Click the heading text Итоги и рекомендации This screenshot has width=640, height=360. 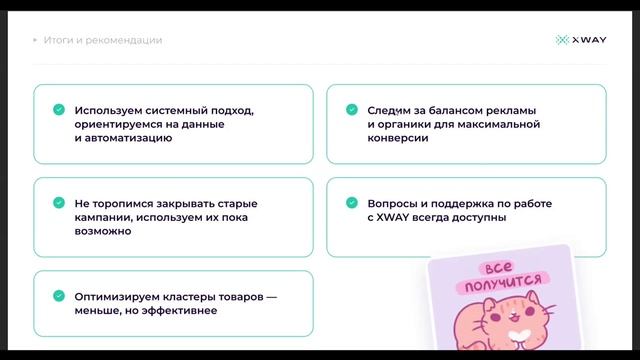[x=103, y=40]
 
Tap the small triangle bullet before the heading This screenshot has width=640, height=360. [x=35, y=40]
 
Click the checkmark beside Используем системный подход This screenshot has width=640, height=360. [x=59, y=109]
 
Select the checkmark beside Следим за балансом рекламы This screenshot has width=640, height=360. [x=352, y=109]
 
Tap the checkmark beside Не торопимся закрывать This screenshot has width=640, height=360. [x=59, y=202]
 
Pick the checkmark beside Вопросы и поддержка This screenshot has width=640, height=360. [x=352, y=202]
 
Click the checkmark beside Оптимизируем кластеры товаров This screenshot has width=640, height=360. [x=59, y=295]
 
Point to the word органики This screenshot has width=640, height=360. [x=404, y=124]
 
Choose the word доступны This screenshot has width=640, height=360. [x=480, y=217]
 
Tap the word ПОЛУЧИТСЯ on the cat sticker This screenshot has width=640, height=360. [x=498, y=288]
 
